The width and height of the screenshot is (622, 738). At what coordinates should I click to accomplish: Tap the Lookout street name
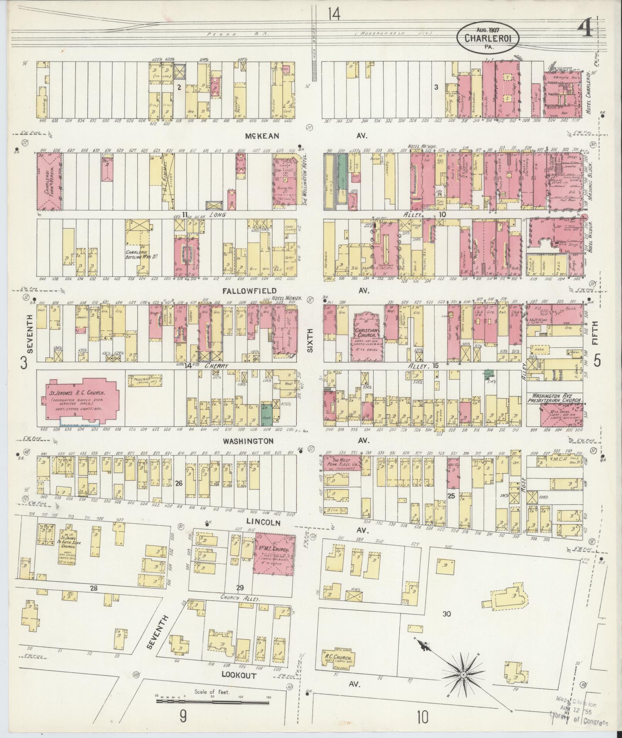(239, 405)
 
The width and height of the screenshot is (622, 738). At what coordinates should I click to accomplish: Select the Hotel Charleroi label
(589, 92)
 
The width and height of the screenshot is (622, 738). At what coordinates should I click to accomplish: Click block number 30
(447, 614)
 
